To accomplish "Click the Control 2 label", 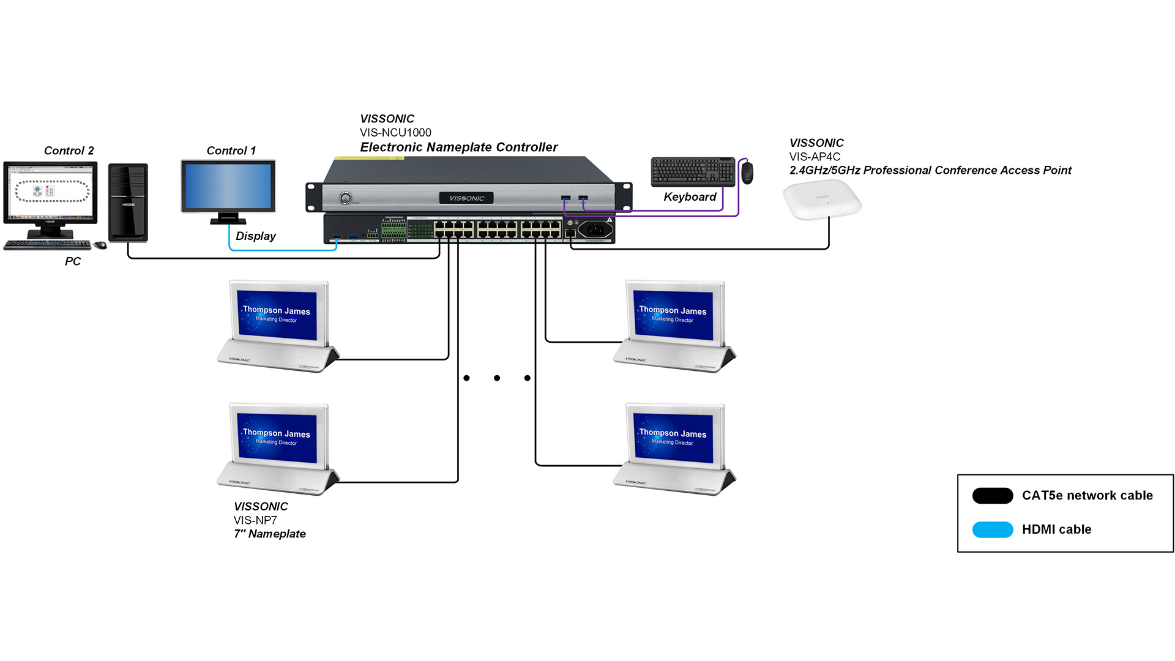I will pos(69,151).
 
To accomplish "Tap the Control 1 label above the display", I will pos(231,151).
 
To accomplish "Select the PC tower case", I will pos(128,202).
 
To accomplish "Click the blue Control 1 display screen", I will pos(228,187).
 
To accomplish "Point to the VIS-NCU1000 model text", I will pos(395,133).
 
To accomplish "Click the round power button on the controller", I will pos(346,198).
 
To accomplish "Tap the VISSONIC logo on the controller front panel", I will pos(466,198).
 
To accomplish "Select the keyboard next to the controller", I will pos(693,171).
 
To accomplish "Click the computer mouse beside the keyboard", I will pos(747,173).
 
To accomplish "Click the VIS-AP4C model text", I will pos(815,157).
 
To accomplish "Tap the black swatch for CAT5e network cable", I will pos(993,496).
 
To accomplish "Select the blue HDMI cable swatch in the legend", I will pos(993,529).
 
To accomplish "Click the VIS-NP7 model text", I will pos(255,520).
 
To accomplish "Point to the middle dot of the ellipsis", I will pos(497,378).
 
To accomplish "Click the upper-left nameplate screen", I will pos(277,315).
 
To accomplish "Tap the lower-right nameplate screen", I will pos(673,438).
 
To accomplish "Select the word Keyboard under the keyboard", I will pos(690,197).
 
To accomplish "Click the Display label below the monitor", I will pos(255,236).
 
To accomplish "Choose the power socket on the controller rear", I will pos(595,230).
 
